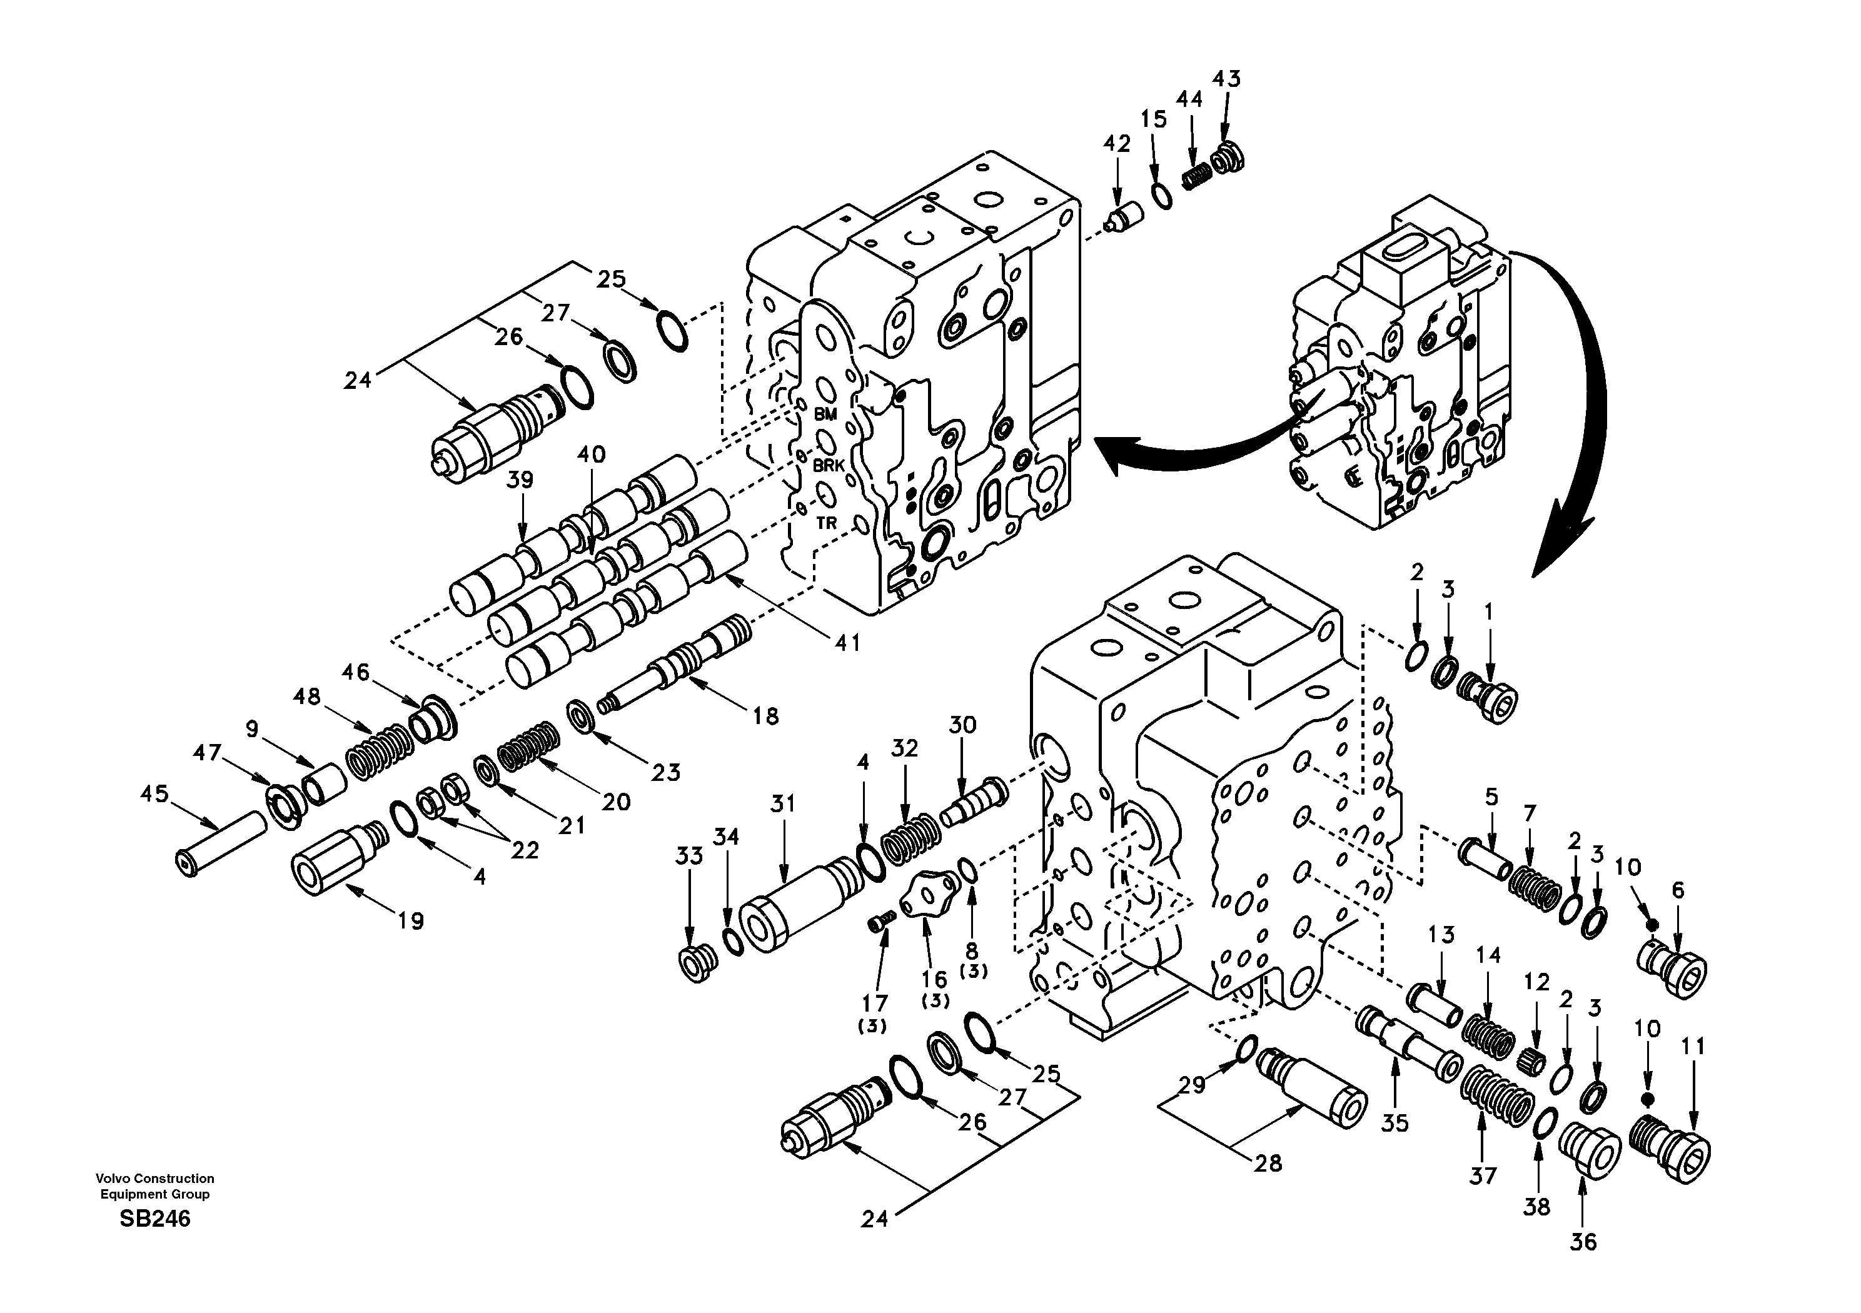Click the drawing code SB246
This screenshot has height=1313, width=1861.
click(x=155, y=1218)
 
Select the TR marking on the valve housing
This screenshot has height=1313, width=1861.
click(x=826, y=523)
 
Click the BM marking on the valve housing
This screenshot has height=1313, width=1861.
click(x=825, y=414)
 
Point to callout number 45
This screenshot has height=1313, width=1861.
click(x=154, y=793)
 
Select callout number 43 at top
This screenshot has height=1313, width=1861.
click(x=1226, y=79)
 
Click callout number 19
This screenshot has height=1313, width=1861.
click(x=411, y=921)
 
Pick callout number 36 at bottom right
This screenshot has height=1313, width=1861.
click(x=1583, y=1242)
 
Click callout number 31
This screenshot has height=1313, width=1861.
click(x=783, y=803)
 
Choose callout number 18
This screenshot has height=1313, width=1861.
click(x=765, y=716)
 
